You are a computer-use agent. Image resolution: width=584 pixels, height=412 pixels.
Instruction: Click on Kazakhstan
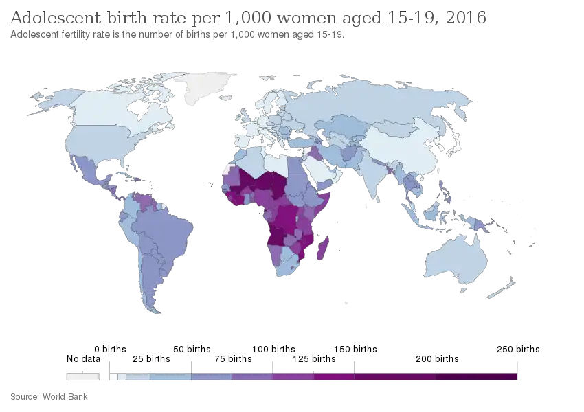(x=347, y=124)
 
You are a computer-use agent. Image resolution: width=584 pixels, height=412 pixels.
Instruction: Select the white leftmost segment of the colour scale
(x=83, y=376)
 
